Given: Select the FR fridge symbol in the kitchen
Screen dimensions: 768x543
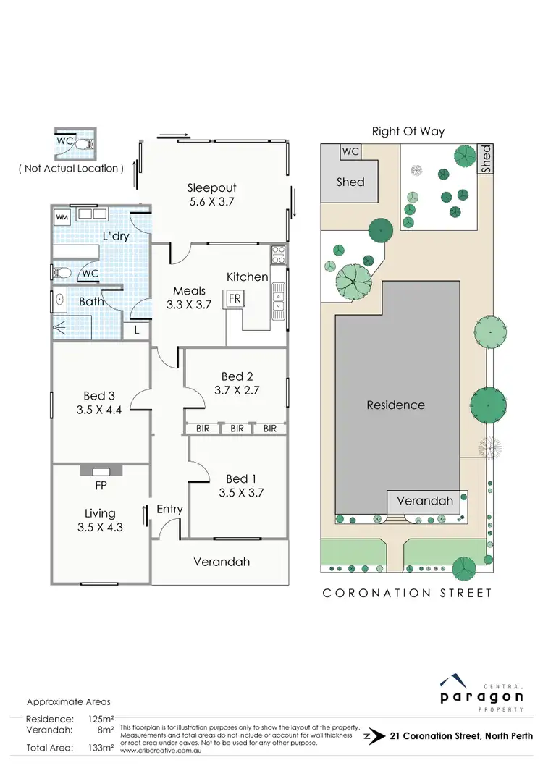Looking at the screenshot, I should [x=235, y=298].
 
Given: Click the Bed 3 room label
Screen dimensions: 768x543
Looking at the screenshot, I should [x=99, y=395].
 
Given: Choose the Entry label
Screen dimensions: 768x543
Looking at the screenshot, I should [x=170, y=510].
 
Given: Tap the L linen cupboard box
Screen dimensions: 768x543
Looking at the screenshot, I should [x=138, y=330].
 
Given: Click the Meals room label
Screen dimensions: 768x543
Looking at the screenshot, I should [x=188, y=291].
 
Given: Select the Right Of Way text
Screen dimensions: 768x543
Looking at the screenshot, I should [x=408, y=131].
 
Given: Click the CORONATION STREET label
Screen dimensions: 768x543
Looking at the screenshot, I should [x=407, y=593].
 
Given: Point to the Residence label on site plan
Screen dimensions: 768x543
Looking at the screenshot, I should [x=395, y=405].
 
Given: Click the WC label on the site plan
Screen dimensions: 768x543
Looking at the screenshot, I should [x=350, y=152].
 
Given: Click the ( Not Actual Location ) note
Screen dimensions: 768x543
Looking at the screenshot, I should [x=71, y=168].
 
